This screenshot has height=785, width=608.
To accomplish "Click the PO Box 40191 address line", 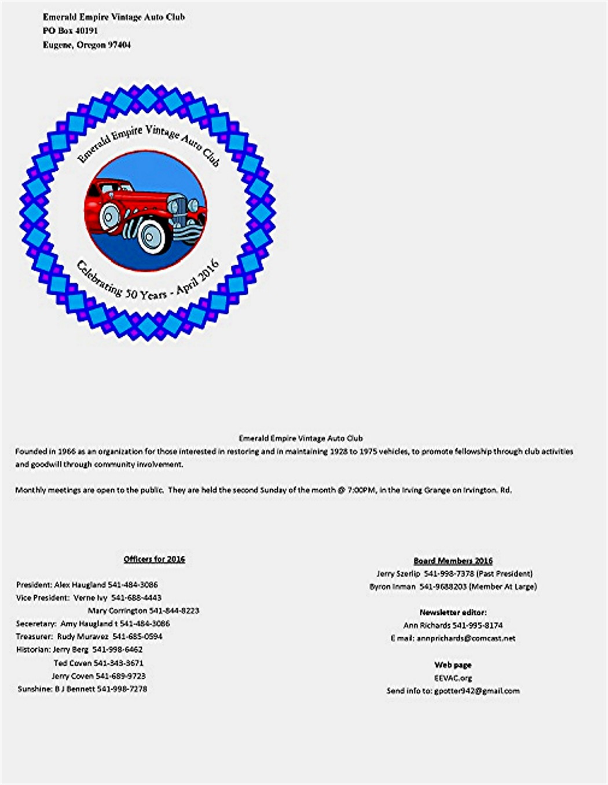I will point(70,31).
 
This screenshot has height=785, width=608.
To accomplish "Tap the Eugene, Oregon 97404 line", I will point(86,45).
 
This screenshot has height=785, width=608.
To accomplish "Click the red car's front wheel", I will point(152,235).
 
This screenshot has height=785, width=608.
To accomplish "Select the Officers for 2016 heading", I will point(154,559).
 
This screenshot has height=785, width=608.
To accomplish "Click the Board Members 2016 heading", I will point(453,560).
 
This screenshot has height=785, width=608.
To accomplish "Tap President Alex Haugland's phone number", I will point(133,585).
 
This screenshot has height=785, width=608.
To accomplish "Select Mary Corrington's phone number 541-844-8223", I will point(174,611).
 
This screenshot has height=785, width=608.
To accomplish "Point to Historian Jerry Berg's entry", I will point(79,650).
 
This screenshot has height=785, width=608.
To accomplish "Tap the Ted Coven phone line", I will point(98,663).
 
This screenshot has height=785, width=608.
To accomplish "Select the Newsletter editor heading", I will point(453,612).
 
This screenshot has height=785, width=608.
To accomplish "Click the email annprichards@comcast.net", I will point(466,638).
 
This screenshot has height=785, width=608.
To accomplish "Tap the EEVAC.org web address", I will point(453,677).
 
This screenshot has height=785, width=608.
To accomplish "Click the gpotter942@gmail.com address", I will point(477,691).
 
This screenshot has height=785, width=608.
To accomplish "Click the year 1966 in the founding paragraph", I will point(67,451).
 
